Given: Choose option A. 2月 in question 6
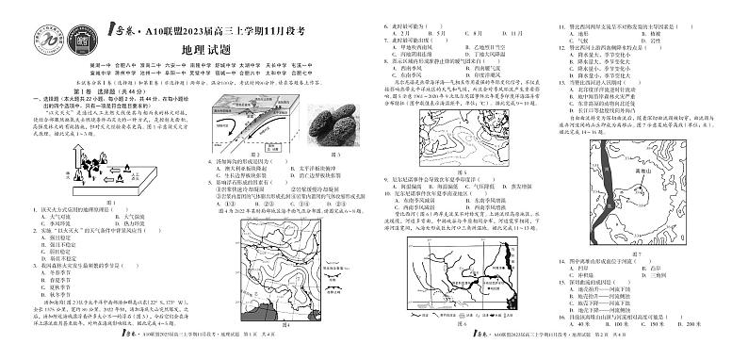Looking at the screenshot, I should pyautogui.click(x=396, y=32).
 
